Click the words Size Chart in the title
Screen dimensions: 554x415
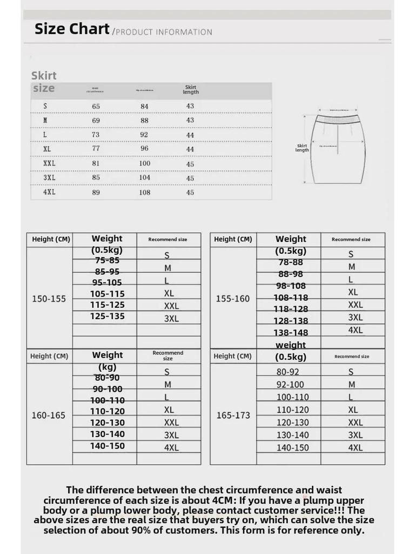click(72, 29)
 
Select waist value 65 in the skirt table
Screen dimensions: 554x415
click(96, 107)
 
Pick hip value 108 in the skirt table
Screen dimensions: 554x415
click(145, 192)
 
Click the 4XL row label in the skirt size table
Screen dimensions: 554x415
click(49, 192)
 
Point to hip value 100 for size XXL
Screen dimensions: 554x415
click(145, 163)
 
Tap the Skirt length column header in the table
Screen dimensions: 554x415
click(191, 90)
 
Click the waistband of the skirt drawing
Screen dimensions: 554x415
click(337, 118)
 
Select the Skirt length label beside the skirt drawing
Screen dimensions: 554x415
click(302, 148)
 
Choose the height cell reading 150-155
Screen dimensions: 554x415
click(49, 299)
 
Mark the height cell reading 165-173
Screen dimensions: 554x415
click(233, 415)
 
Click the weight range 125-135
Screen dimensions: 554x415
click(108, 316)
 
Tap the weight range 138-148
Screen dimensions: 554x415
click(291, 333)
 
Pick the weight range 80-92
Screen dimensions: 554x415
click(287, 372)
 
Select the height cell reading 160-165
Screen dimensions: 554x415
click(49, 415)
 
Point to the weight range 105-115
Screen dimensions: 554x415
click(108, 294)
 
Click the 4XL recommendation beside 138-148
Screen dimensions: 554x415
click(355, 330)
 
